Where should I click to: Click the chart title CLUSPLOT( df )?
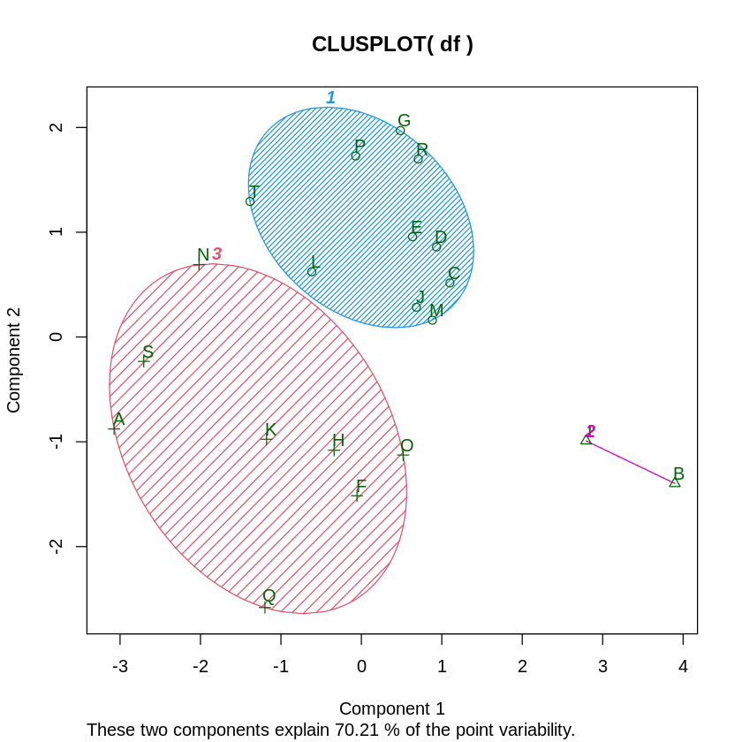[392, 44]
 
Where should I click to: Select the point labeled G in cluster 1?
[400, 131]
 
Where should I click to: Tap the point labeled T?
[250, 201]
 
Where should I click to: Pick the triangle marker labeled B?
[675, 481]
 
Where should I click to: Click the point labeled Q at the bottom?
[265, 607]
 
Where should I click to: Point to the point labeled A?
[114, 428]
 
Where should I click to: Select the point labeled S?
[143, 360]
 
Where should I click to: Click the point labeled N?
[199, 264]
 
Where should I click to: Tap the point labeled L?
[312, 271]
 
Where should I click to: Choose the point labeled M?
[432, 320]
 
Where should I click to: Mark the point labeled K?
[266, 438]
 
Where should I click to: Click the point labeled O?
[403, 454]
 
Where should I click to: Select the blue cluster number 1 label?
[330, 98]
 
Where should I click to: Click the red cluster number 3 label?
[216, 254]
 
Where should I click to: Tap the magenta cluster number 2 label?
[591, 431]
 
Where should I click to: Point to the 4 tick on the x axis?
[683, 666]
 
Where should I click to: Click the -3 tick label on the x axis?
[119, 666]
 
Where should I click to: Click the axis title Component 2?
[13, 360]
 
